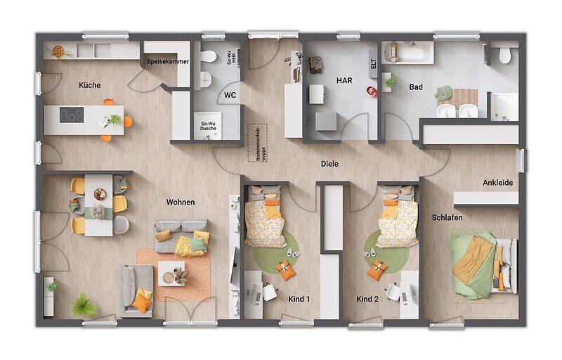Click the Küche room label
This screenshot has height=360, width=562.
click(x=89, y=85)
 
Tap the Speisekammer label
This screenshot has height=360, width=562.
click(x=166, y=62)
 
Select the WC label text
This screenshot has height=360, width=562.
click(x=230, y=94)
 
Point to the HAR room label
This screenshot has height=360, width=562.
click(x=344, y=80)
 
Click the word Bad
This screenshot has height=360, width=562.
click(x=416, y=86)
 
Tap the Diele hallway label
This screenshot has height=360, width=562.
click(x=329, y=164)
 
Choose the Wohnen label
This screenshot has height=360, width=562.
click(x=181, y=202)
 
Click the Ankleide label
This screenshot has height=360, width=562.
click(x=497, y=183)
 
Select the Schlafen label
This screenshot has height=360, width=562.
click(x=447, y=218)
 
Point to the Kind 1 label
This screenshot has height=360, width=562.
click(x=299, y=300)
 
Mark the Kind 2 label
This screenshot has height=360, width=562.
click(x=367, y=300)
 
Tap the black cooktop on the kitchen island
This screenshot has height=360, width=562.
click(x=71, y=115)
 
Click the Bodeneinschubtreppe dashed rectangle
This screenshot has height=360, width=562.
click(x=254, y=143)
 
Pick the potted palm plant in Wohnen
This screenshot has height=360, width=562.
click(x=84, y=305)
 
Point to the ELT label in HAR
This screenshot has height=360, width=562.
click(x=374, y=63)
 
